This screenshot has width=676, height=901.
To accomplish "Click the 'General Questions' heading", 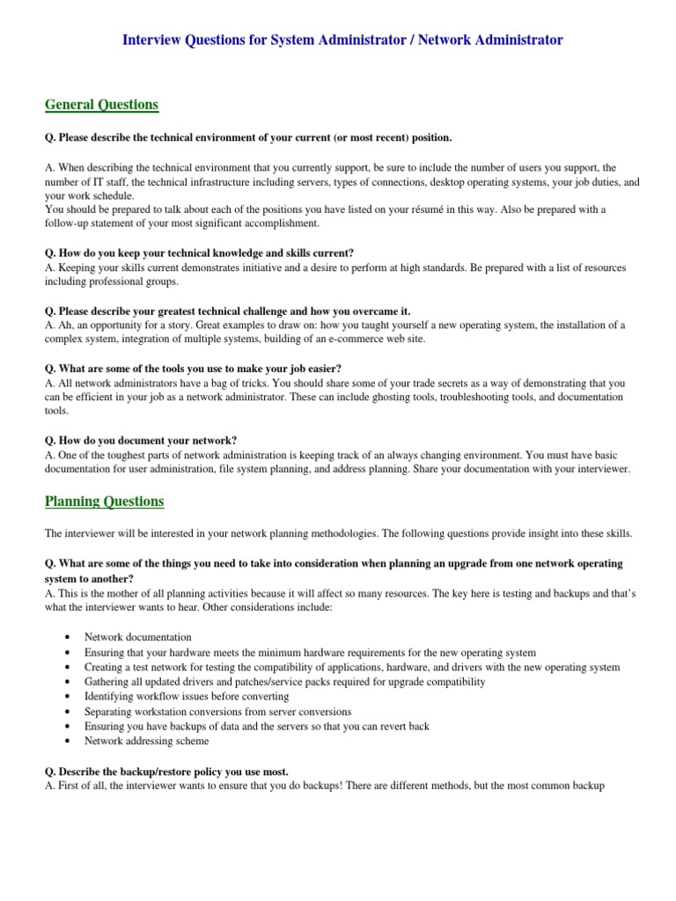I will click(x=101, y=105).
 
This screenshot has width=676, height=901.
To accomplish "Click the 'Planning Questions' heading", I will click(x=104, y=502).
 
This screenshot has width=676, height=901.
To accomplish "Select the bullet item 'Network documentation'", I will click(x=137, y=636).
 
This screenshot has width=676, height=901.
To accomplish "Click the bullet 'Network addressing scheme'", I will click(x=146, y=741).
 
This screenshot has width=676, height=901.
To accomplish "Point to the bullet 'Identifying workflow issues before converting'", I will click(x=187, y=696).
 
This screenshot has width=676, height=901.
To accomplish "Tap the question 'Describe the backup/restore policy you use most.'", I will click(x=166, y=771).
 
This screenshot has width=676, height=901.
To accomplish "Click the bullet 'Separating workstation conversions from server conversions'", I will click(x=217, y=711).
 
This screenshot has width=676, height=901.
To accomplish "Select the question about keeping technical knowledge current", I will click(x=199, y=253).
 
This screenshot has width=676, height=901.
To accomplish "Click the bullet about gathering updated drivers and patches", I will click(x=284, y=681).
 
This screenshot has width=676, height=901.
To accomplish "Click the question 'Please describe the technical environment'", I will click(x=247, y=137).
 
